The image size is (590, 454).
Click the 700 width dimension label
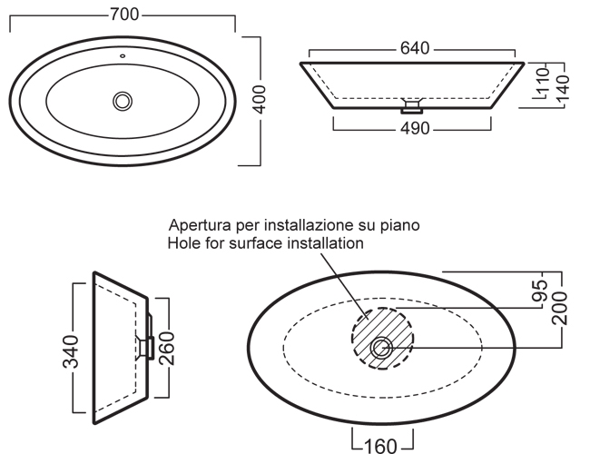pos(124,15)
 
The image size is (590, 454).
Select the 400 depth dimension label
pos(260,99)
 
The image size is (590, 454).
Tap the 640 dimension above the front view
pos(415,48)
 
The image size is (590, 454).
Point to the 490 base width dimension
pos(415,128)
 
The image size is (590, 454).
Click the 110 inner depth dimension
pos(543,81)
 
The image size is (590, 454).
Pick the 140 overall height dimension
pos(563,88)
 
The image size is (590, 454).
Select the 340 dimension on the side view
pos(71,351)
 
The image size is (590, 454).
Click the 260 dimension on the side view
pos(167,348)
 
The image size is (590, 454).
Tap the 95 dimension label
pos(540,291)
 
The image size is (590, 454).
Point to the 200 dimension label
pos(559,308)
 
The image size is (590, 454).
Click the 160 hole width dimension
pos(380,446)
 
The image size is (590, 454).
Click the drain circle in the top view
pos(123,101)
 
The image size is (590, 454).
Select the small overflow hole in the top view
pos(123,56)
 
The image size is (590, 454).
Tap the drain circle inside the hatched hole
pos(381,348)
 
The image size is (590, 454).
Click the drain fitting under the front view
pos(412,106)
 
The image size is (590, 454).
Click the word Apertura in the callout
pos(194,225)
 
